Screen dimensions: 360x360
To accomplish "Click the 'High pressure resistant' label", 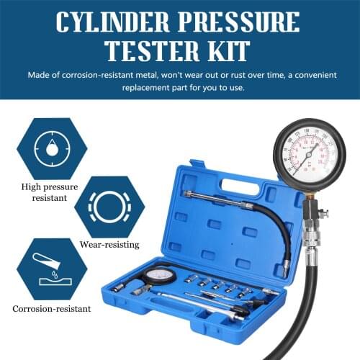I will click(x=47, y=189).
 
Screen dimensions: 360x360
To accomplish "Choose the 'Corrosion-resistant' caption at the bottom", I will click(x=51, y=309).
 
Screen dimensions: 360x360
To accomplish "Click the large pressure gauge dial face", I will click(x=309, y=154).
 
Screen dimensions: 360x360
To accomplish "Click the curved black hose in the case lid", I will click(x=277, y=230).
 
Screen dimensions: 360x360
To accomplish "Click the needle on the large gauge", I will click(x=309, y=153).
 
